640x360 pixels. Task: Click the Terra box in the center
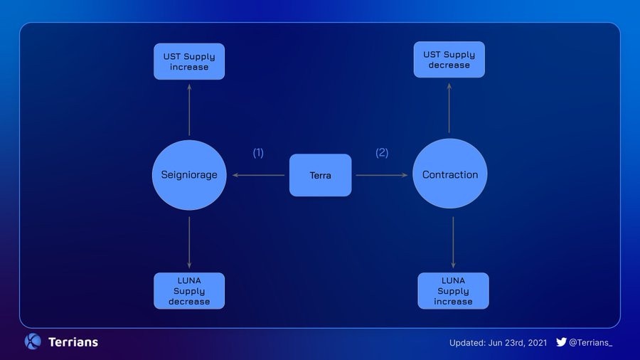(x=320, y=175)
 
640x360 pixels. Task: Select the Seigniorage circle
(x=189, y=175)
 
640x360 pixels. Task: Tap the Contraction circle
(x=450, y=174)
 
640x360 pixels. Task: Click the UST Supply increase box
(x=189, y=61)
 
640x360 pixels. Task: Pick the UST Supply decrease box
(x=449, y=60)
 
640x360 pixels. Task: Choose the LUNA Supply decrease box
(x=189, y=291)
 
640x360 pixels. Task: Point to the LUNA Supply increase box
(x=453, y=291)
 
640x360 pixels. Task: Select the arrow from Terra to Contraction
(x=382, y=174)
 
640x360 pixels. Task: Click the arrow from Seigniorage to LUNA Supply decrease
(x=189, y=242)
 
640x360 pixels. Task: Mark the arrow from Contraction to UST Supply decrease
(x=449, y=107)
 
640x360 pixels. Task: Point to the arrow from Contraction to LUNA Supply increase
(x=453, y=242)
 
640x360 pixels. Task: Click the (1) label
(x=258, y=153)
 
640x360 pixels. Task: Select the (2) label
(x=382, y=152)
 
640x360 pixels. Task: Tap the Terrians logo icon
(x=33, y=342)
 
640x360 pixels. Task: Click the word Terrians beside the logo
(x=73, y=342)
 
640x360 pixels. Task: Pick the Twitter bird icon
(x=561, y=342)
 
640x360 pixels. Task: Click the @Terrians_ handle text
(x=590, y=343)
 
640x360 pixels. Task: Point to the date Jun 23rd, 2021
(x=517, y=343)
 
